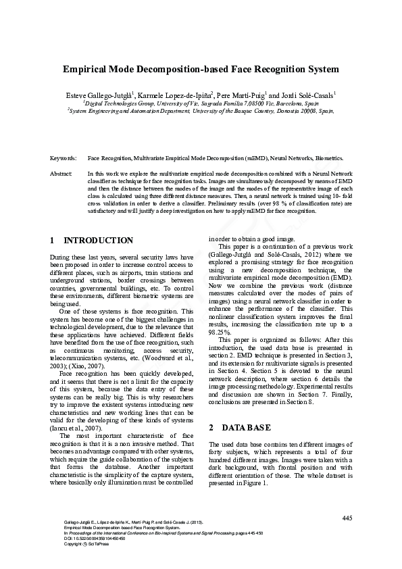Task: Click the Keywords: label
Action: pos(63,157)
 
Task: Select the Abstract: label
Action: pos(61,174)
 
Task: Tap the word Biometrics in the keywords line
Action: pos(328,157)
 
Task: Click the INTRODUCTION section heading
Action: pos(98,240)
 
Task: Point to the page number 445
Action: pos(347,518)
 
